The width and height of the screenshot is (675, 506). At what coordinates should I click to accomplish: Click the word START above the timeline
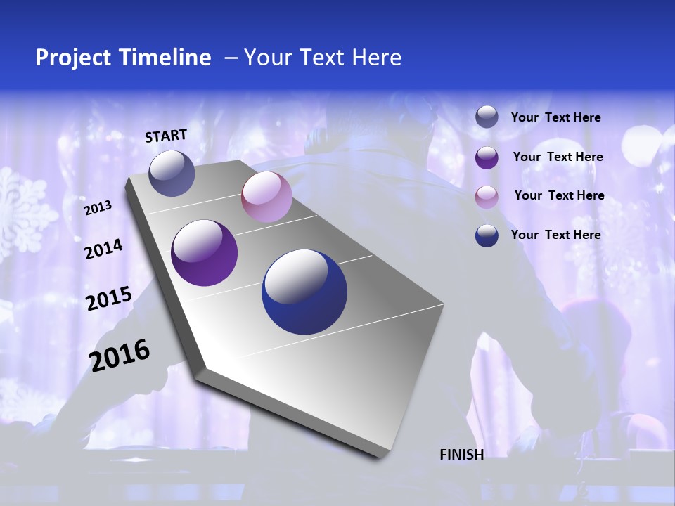166,136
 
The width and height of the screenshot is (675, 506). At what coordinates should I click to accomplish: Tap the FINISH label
462,455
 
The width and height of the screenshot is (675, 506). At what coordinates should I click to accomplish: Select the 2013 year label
98,207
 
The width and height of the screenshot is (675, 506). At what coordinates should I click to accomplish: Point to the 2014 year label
103,249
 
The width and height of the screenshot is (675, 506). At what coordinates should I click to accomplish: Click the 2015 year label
109,299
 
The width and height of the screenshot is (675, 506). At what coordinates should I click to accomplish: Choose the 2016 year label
120,356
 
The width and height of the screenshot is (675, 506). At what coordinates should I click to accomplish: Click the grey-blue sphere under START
172,173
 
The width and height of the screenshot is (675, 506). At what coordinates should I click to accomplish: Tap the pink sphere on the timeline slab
266,197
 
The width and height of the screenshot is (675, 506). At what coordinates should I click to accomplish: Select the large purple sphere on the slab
205,253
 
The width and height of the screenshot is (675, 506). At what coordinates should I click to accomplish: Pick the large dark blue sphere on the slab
304,292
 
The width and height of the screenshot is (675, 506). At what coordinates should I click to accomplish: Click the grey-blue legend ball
487,117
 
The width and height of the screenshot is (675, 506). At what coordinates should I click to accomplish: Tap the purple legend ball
487,157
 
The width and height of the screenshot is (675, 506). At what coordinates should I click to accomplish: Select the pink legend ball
487,197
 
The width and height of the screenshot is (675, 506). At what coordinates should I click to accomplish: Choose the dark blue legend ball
487,235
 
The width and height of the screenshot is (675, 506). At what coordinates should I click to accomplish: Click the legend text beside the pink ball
560,195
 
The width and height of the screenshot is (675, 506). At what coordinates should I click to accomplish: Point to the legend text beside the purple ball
558,157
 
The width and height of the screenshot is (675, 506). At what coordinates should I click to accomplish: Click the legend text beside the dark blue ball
556,235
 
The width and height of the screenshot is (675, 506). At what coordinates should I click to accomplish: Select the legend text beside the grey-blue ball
556,117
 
